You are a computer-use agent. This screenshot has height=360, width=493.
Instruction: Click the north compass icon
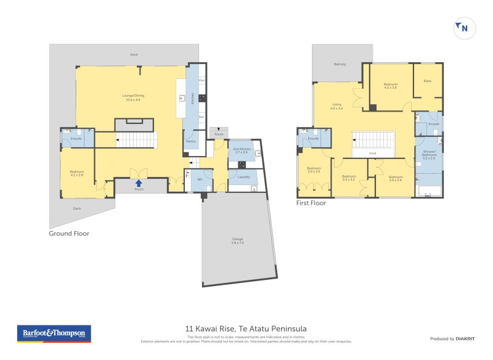pyautogui.click(x=465, y=28)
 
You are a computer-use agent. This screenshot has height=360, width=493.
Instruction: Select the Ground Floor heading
pyautogui.click(x=69, y=234)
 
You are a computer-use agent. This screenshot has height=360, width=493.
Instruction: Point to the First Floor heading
pyautogui.click(x=311, y=202)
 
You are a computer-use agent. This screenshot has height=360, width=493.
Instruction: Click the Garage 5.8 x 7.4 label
pyautogui.click(x=237, y=240)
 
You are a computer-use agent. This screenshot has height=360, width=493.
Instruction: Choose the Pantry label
pyautogui.click(x=191, y=141)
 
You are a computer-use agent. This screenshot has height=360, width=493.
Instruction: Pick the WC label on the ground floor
pyautogui.click(x=200, y=179)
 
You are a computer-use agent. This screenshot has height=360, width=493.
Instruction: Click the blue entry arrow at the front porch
pyautogui.click(x=139, y=183)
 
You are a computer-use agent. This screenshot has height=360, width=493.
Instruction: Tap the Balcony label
pyautogui.click(x=340, y=64)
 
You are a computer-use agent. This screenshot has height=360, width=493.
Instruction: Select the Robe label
pyautogui.click(x=426, y=81)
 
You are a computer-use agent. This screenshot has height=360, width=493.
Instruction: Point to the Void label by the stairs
pyautogui.click(x=372, y=153)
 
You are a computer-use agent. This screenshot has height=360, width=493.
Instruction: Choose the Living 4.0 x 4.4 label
pyautogui.click(x=336, y=106)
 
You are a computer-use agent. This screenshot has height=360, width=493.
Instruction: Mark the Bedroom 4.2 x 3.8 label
pyautogui.click(x=390, y=86)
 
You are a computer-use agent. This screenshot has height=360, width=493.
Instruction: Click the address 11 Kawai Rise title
pyautogui.click(x=246, y=329)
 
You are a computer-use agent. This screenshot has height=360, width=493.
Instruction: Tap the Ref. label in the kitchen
pyautogui.click(x=201, y=117)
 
